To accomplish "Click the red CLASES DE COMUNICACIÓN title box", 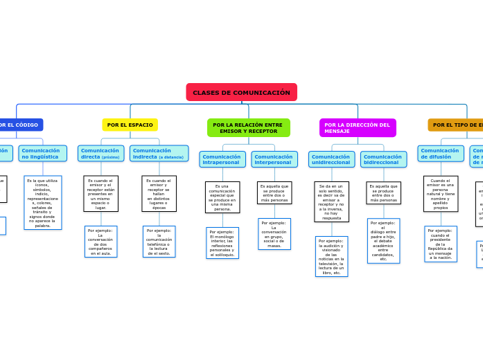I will [x=241, y=92].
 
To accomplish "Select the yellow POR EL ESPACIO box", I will [x=130, y=125].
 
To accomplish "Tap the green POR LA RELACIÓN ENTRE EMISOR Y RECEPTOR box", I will [x=248, y=128].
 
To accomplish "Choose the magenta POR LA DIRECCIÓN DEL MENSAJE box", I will [x=357, y=128].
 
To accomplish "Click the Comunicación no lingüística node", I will [x=42, y=153].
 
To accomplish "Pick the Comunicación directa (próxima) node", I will [x=100, y=153].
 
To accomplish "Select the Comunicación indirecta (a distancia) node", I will [x=159, y=153].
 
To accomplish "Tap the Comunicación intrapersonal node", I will [x=222, y=159].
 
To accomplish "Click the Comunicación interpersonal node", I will [x=274, y=159].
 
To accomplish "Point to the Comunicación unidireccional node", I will [x=331, y=159].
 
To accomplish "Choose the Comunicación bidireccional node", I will [x=383, y=159].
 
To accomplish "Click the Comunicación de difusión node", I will [x=441, y=153].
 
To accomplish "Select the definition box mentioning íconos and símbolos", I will [x=42, y=202].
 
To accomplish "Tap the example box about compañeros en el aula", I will [x=100, y=242].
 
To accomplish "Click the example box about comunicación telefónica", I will [x=159, y=242].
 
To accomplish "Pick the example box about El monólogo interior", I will [x=222, y=243].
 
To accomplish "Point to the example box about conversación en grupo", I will [x=274, y=234].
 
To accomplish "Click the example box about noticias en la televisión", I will [x=331, y=256].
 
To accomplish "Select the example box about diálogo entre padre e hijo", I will [x=383, y=241].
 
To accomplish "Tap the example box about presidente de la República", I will [x=441, y=244].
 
